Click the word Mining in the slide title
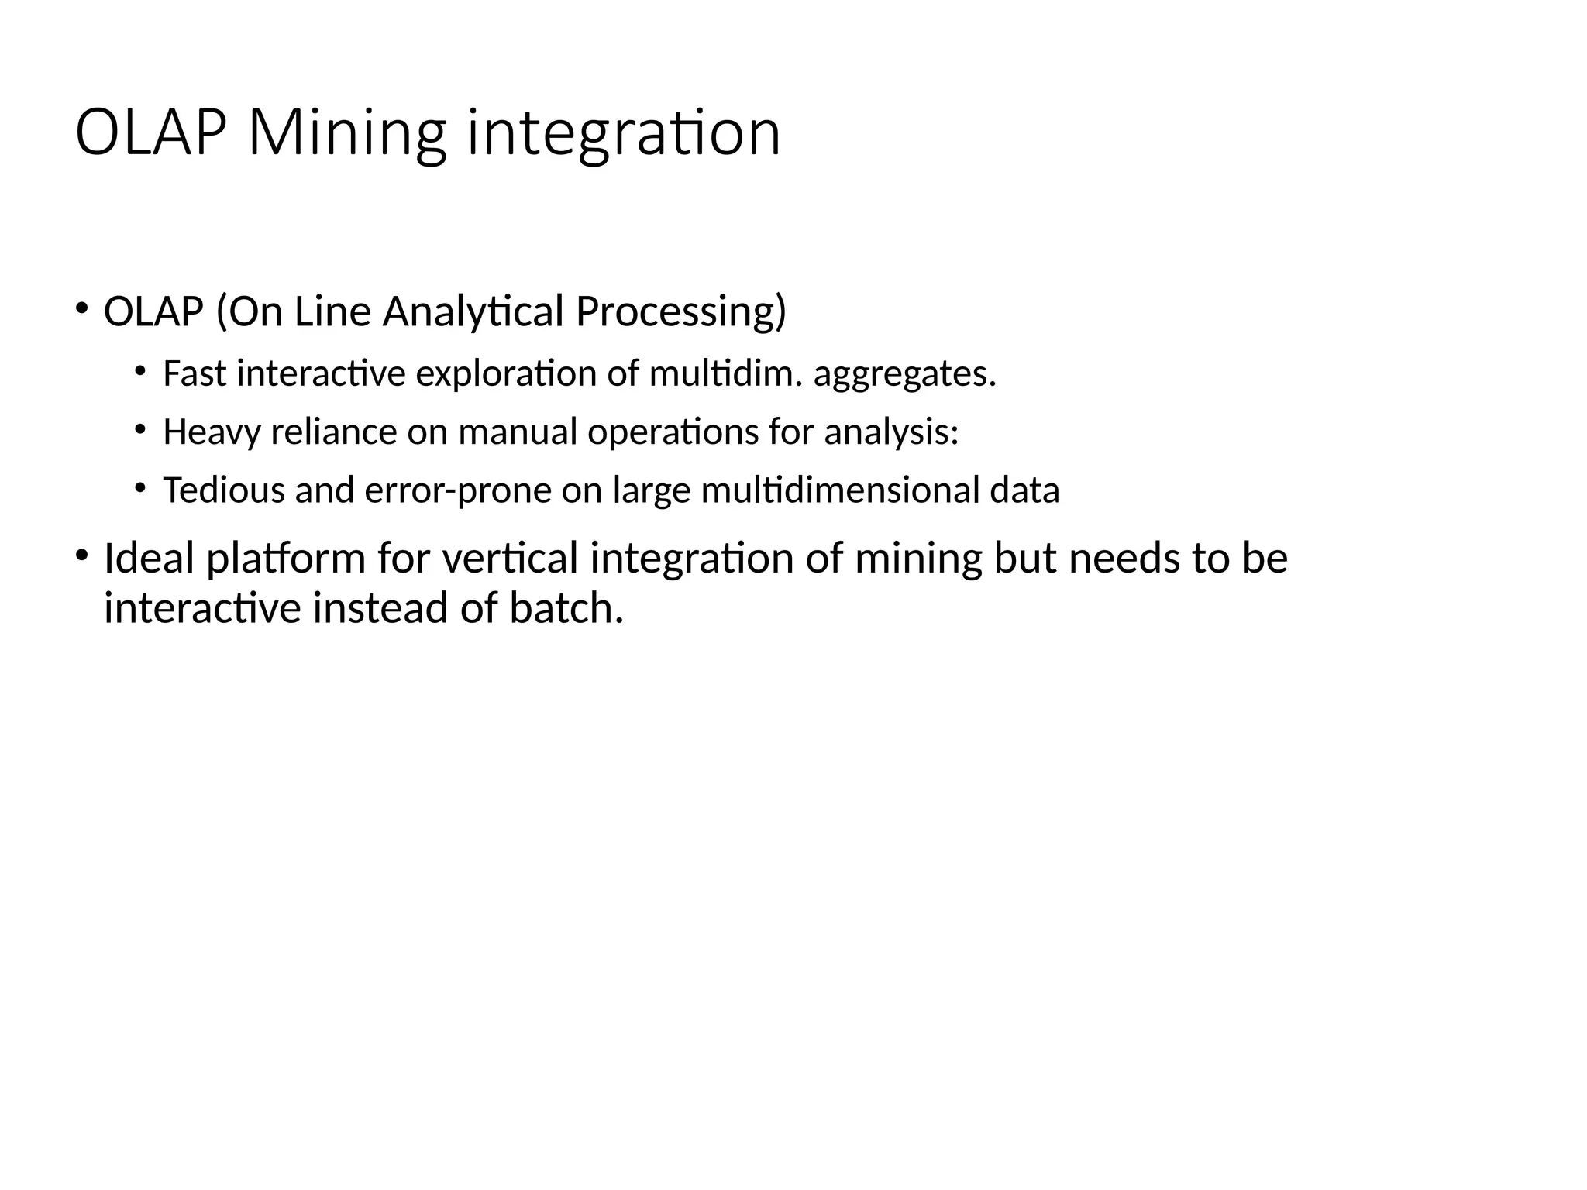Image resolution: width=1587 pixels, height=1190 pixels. pos(347,134)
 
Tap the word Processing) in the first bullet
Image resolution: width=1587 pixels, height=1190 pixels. pos(680,311)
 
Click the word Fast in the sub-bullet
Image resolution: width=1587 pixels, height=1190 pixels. pos(195,374)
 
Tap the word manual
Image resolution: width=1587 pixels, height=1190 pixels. pos(518,432)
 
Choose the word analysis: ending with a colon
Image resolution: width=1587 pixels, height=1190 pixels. pos(891,432)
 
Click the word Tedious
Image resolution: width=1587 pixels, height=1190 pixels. pos(224,490)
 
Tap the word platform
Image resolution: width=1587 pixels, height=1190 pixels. pos(285,559)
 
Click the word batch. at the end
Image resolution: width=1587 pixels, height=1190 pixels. pos(566,607)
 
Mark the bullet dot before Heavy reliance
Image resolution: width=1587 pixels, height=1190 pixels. pos(139,428)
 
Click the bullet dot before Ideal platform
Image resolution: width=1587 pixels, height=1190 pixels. pos(81,555)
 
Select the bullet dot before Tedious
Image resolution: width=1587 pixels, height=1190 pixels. pos(139,487)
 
